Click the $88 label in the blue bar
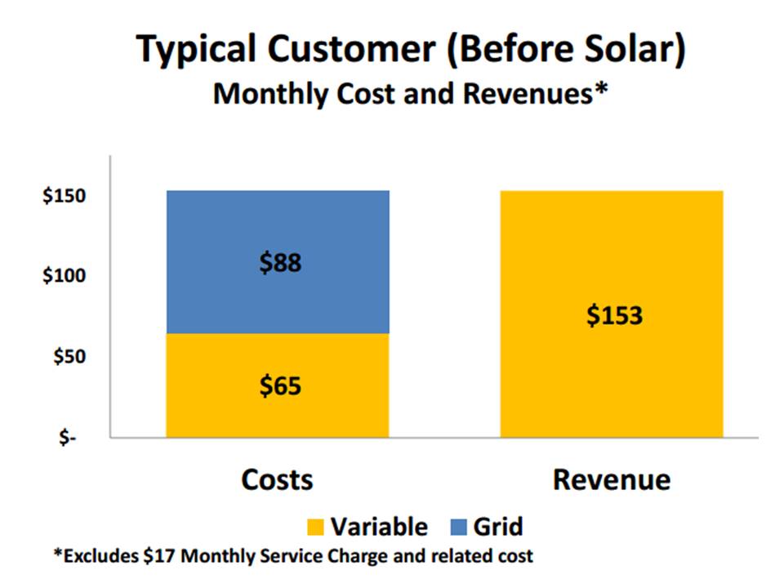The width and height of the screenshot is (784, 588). [x=278, y=263]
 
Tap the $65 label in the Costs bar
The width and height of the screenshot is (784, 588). [x=278, y=385]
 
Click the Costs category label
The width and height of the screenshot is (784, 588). [x=277, y=479]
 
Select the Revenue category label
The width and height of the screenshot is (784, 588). [x=611, y=479]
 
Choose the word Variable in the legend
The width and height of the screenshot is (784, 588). [x=378, y=526]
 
